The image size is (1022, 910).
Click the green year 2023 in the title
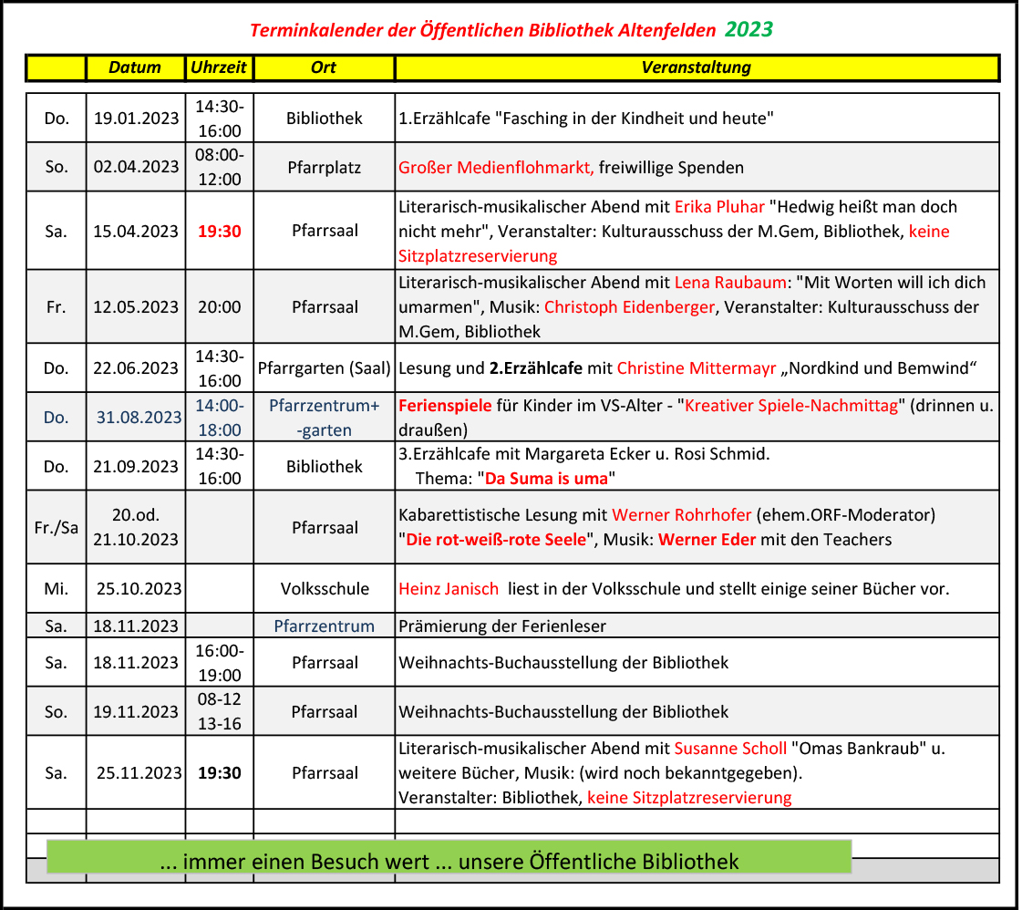pyautogui.click(x=748, y=30)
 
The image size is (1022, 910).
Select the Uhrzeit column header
pyautogui.click(x=219, y=67)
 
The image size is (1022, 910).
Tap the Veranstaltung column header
pyautogui.click(x=696, y=67)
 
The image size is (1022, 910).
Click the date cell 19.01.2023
pyautogui.click(x=136, y=119)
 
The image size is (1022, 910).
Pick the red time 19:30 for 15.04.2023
pyautogui.click(x=220, y=231)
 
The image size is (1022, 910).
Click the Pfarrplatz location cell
pyautogui.click(x=324, y=168)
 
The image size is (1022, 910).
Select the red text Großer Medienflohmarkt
pyautogui.click(x=496, y=168)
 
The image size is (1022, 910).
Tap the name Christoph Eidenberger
pyautogui.click(x=629, y=307)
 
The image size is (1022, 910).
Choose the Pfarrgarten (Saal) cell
pyautogui.click(x=324, y=368)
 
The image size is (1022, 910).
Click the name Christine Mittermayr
pyautogui.click(x=697, y=368)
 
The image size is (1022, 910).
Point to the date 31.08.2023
pyautogui.click(x=139, y=418)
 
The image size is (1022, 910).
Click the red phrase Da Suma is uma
pyautogui.click(x=546, y=478)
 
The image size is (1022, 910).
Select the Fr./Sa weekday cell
pyautogui.click(x=56, y=527)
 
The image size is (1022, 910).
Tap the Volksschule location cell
pyautogui.click(x=325, y=589)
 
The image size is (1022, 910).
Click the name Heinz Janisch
pyautogui.click(x=449, y=589)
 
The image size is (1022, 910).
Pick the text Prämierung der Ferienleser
pyautogui.click(x=502, y=626)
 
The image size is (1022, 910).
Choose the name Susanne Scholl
pyautogui.click(x=730, y=749)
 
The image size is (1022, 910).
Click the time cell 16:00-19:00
pyautogui.click(x=220, y=663)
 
